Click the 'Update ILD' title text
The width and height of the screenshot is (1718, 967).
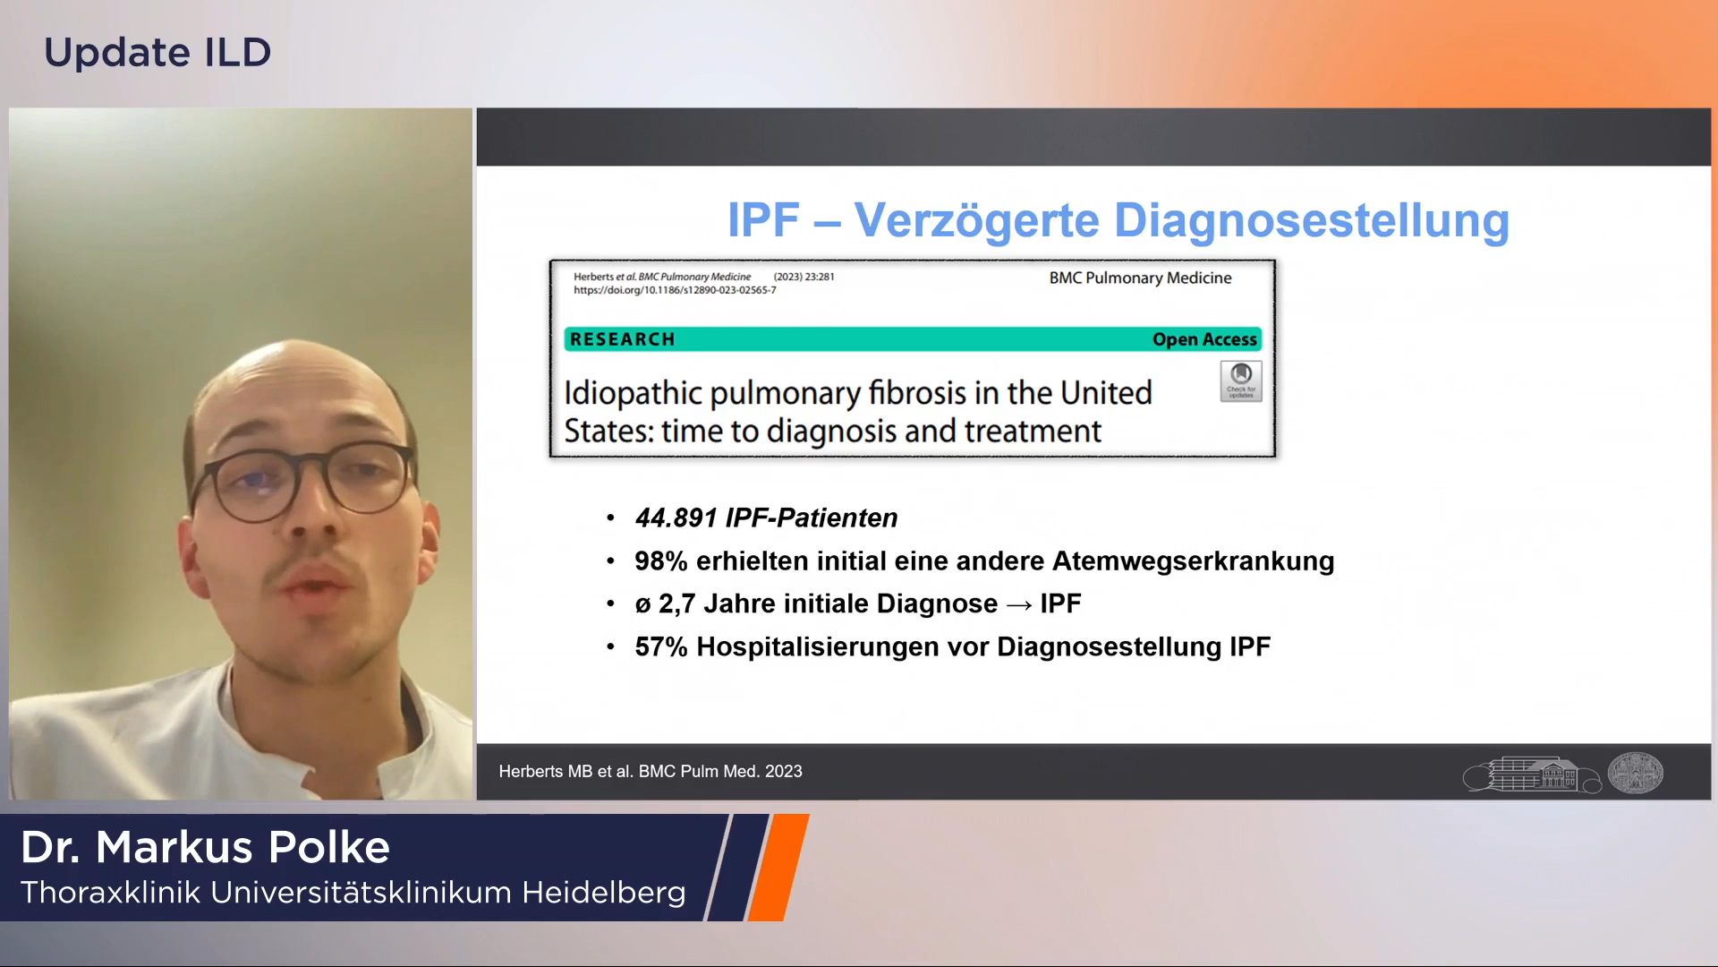tap(157, 52)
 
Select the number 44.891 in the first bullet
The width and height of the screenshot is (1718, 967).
tap(676, 518)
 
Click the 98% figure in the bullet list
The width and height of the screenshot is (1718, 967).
tap(661, 561)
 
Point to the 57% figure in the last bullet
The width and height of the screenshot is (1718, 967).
tap(661, 646)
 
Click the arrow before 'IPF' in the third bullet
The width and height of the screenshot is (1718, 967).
tap(1019, 605)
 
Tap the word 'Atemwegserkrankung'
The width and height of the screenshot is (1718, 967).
tap(1194, 561)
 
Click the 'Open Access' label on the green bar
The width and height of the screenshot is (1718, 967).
tap(1204, 339)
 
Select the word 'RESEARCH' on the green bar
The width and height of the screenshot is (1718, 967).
tap(623, 339)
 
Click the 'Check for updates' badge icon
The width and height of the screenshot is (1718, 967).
tap(1241, 381)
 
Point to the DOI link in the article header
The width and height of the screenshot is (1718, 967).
tap(675, 290)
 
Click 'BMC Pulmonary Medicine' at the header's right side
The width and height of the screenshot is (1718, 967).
tap(1140, 278)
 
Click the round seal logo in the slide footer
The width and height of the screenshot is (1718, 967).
tap(1636, 772)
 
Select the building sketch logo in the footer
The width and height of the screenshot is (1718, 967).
tap(1532, 774)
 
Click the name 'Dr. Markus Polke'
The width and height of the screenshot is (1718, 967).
tap(205, 847)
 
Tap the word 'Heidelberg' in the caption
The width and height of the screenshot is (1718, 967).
tap(604, 893)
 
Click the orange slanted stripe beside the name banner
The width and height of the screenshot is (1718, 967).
tap(778, 867)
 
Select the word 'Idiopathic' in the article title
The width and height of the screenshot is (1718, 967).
tap(633, 394)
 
